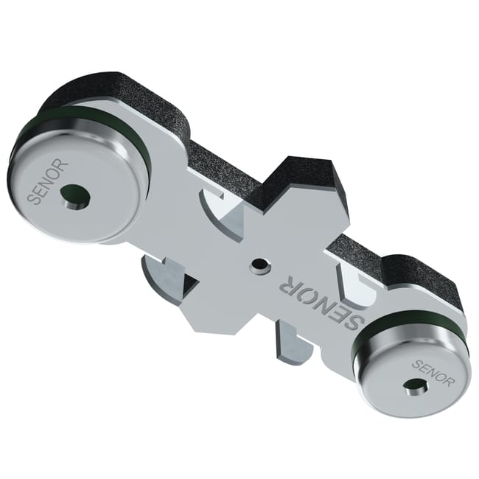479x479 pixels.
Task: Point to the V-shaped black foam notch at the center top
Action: pos(295,181)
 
